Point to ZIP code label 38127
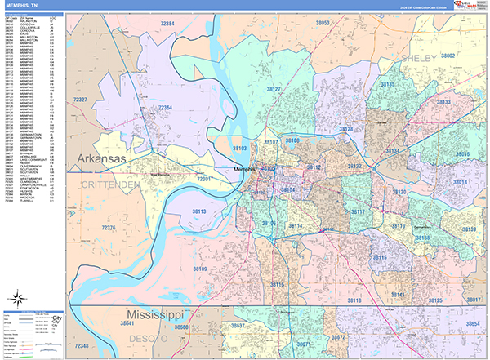pyautogui.click(x=274, y=89)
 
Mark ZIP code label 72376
pyautogui.click(x=106, y=228)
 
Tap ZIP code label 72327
pyautogui.click(x=80, y=99)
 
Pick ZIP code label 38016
pyautogui.click(x=461, y=182)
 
